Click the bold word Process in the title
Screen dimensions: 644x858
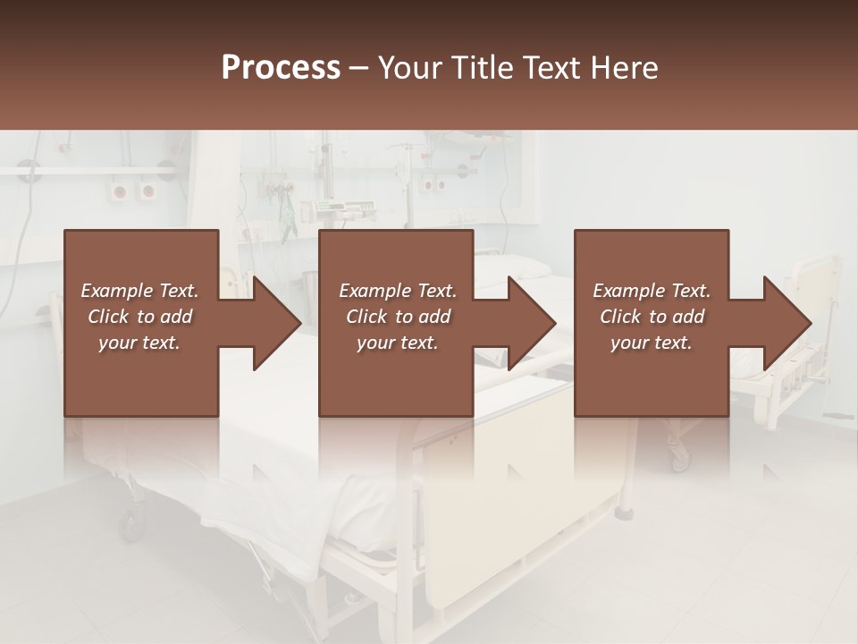281,67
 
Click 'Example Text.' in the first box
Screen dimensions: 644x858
139,291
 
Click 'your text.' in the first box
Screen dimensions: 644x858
139,343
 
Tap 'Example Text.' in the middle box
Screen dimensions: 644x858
398,291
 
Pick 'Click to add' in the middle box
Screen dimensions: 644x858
398,317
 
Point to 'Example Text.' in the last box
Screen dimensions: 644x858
652,291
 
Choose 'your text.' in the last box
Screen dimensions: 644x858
652,343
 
